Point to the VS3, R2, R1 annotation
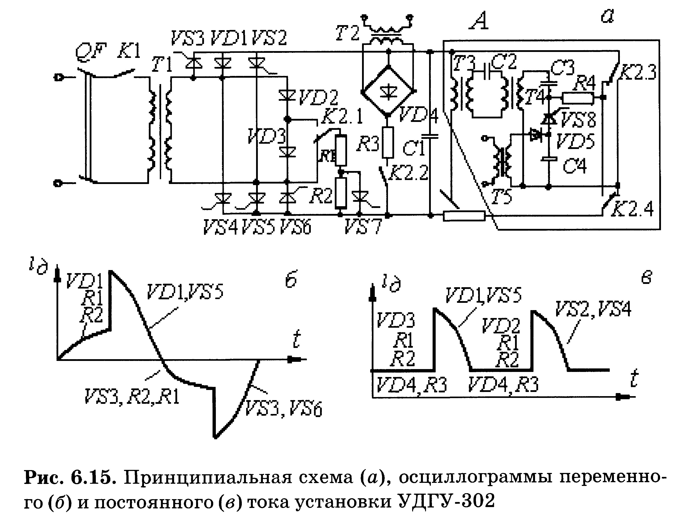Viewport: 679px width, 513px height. tap(132, 397)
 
